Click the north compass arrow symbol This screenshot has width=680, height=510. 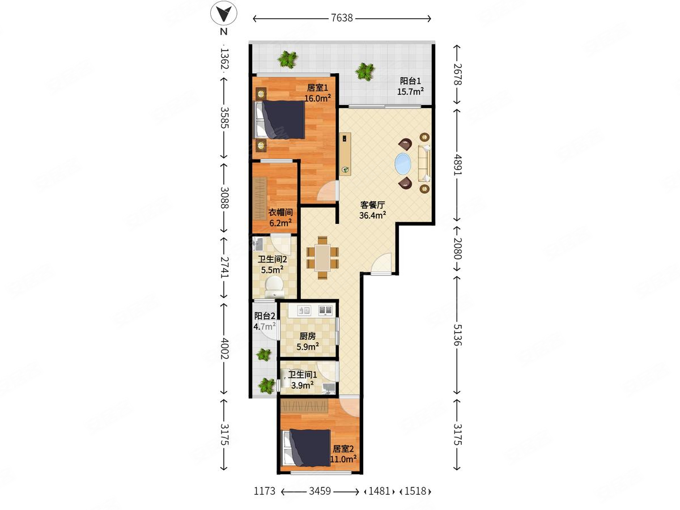click(x=224, y=14)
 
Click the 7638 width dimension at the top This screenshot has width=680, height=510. click(x=342, y=18)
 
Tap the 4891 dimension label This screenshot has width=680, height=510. click(x=457, y=165)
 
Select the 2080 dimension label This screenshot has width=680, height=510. click(x=457, y=248)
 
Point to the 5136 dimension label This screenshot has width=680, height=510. click(x=457, y=335)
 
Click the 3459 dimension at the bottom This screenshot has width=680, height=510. click(x=320, y=491)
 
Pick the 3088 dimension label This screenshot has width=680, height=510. click(x=224, y=198)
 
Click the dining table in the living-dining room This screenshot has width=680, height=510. click(x=322, y=258)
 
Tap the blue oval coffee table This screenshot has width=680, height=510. click(x=403, y=163)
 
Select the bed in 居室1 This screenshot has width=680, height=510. click(x=279, y=120)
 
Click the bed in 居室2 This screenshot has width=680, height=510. click(x=306, y=448)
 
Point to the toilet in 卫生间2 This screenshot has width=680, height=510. click(x=274, y=286)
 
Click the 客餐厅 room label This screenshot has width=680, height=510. click(x=372, y=205)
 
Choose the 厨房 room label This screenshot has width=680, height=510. click(x=307, y=336)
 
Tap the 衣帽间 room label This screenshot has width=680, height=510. click(x=280, y=212)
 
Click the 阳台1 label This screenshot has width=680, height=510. click(x=410, y=81)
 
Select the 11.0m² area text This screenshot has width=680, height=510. click(x=343, y=458)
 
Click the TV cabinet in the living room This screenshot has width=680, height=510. click(x=345, y=154)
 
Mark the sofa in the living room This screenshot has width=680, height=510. click(x=424, y=163)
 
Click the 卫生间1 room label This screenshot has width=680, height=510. click(x=303, y=375)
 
